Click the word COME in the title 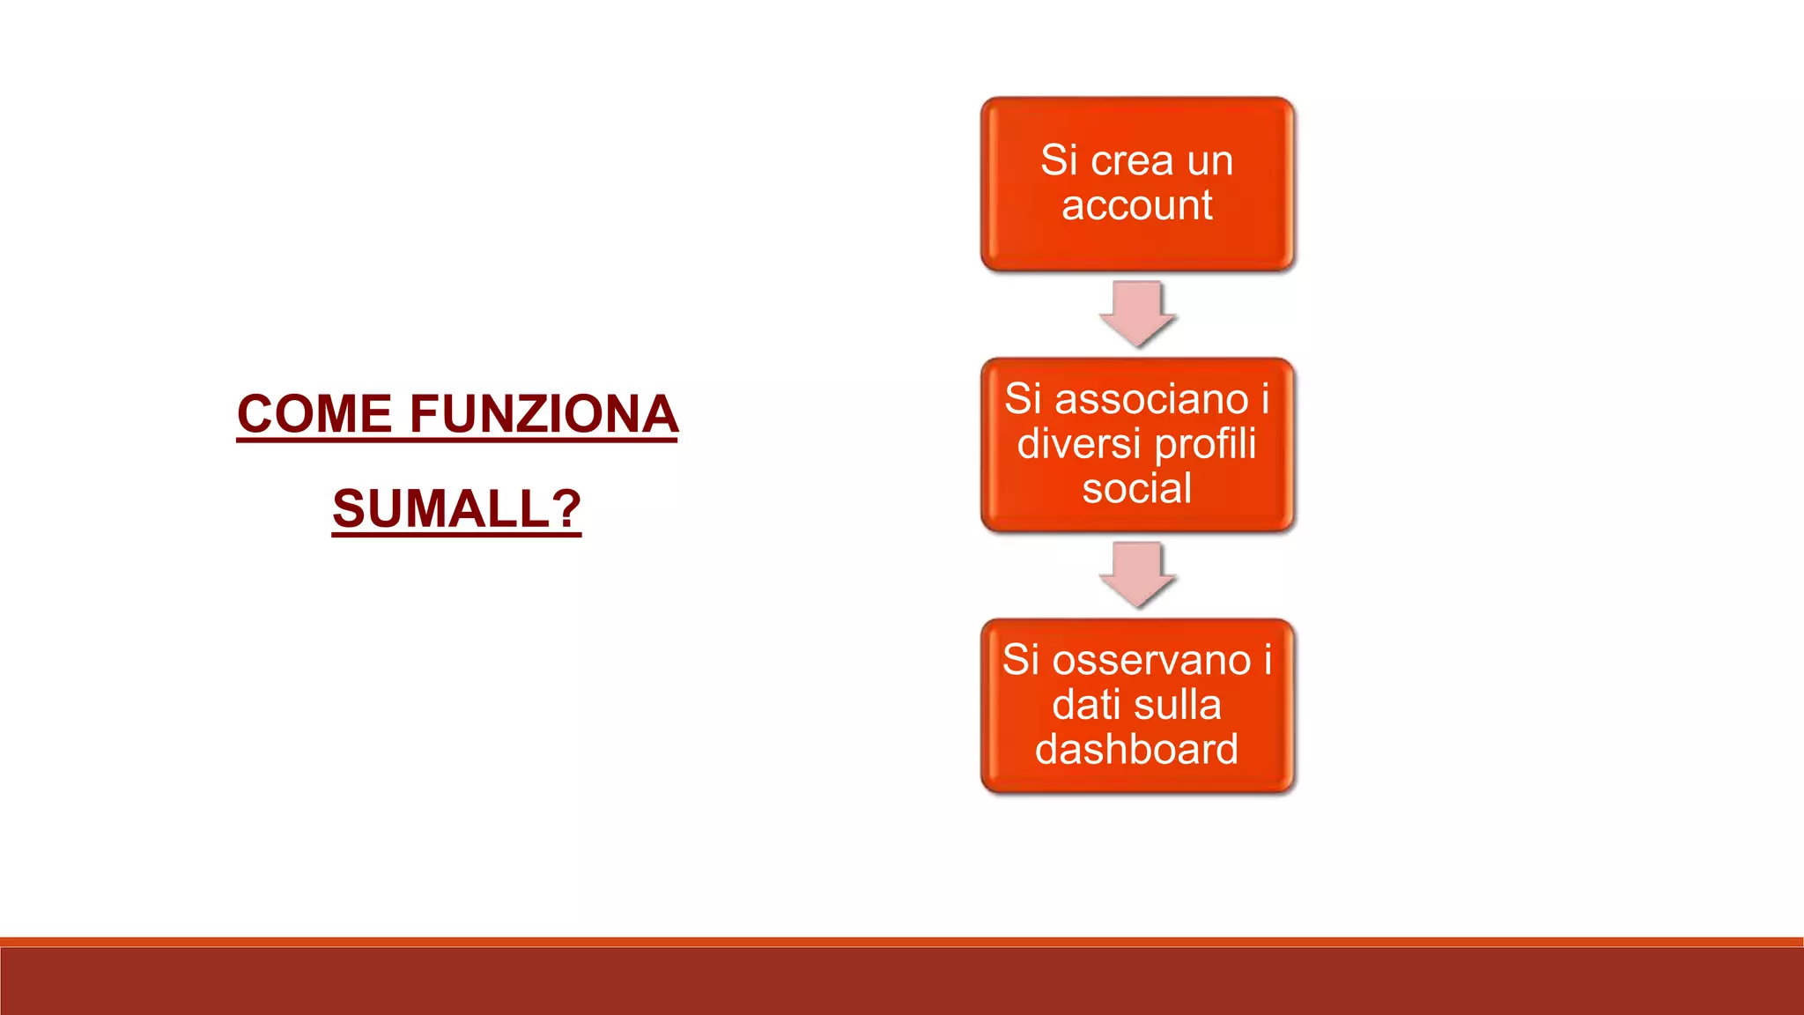(314, 414)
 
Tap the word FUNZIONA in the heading (543, 414)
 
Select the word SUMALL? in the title (456, 509)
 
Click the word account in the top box (1136, 205)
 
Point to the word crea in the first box (1132, 160)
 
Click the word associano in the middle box (1152, 399)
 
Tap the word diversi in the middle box (1078, 443)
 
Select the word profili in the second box (1205, 443)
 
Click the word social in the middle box (1136, 488)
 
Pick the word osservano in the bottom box (1152, 660)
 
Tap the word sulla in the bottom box (1177, 705)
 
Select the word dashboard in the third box (1136, 749)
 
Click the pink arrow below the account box (1136, 313)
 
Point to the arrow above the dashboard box (1136, 574)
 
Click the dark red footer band (902, 980)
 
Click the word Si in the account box (1059, 160)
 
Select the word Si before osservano (1021, 660)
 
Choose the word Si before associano (1024, 399)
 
